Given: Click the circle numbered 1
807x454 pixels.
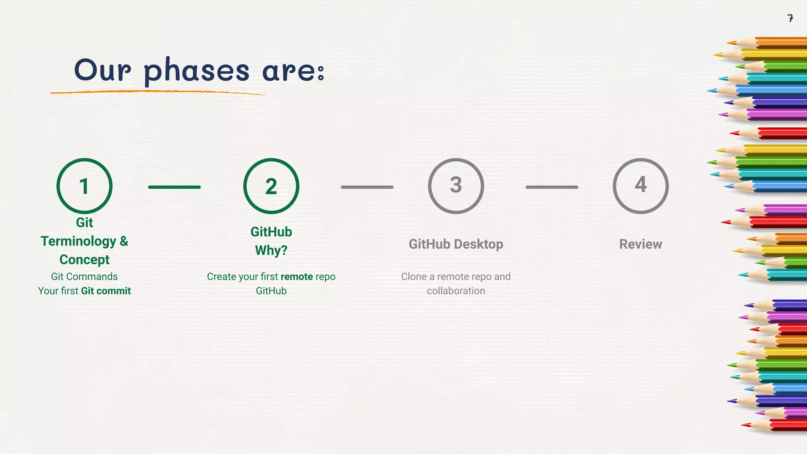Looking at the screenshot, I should tap(84, 186).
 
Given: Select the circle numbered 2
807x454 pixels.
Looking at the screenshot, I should tap(271, 186).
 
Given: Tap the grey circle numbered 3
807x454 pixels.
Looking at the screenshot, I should tap(456, 186).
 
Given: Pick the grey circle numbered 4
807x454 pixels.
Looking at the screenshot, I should tap(641, 186).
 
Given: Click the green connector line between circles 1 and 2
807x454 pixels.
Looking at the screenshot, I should tap(174, 187).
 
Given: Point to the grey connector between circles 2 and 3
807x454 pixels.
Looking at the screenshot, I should tap(367, 187).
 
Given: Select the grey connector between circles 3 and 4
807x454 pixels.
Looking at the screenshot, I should tap(552, 187).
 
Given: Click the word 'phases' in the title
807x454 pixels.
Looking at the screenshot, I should tap(197, 71).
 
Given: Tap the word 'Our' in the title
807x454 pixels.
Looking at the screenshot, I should tap(102, 70).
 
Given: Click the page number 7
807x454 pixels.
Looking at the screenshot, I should tap(790, 18).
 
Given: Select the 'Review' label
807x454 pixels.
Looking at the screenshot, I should tap(641, 244).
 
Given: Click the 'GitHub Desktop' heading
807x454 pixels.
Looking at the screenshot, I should tap(456, 244).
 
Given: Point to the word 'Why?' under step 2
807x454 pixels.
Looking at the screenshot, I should tap(271, 250).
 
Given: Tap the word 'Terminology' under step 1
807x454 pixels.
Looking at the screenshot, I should tap(78, 241).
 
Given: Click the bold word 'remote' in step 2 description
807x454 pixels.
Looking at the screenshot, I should tap(297, 277).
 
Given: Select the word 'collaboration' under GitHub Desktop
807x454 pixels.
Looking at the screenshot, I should tap(456, 291).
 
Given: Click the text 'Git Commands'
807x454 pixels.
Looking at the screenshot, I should tap(84, 277).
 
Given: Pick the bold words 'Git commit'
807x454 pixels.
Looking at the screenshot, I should tap(106, 291).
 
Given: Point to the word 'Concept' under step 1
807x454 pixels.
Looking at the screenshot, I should tap(84, 260).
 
